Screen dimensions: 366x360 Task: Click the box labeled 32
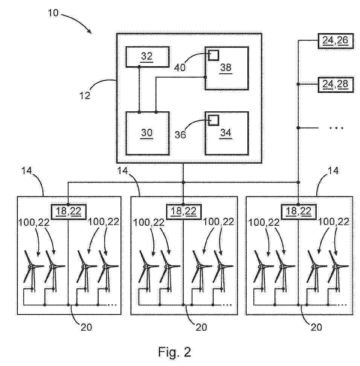pyautogui.click(x=147, y=57)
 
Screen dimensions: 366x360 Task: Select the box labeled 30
pyautogui.click(x=147, y=133)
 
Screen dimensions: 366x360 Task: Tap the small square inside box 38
pyautogui.click(x=213, y=55)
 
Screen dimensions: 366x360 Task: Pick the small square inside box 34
pyautogui.click(x=213, y=120)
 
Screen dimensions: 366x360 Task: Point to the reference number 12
pyautogui.click(x=85, y=95)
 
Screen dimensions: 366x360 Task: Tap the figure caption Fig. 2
pyautogui.click(x=174, y=352)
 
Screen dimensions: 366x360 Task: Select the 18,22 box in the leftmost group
pyautogui.click(x=69, y=211)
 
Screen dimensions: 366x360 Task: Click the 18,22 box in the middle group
pyautogui.click(x=183, y=211)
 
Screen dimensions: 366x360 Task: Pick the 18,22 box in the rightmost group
pyautogui.click(x=298, y=211)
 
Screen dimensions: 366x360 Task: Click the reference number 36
pyautogui.click(x=180, y=134)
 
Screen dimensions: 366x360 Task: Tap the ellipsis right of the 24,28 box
pyautogui.click(x=336, y=128)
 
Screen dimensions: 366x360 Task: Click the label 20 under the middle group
pyautogui.click(x=201, y=327)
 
